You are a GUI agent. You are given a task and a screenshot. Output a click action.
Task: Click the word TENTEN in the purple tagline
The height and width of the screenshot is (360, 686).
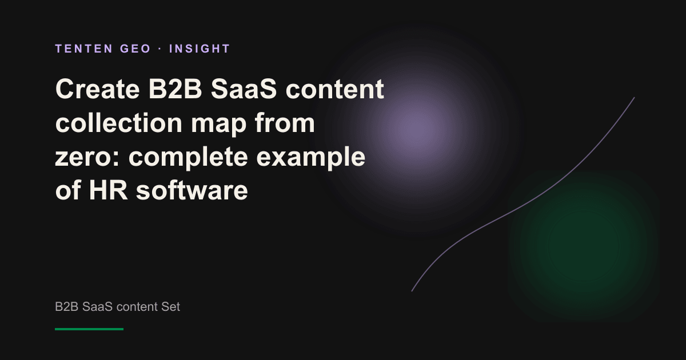(x=84, y=49)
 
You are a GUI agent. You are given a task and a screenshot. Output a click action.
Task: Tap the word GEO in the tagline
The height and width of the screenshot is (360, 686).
(x=135, y=49)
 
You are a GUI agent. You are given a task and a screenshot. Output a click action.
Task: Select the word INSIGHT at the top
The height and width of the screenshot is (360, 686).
(x=200, y=49)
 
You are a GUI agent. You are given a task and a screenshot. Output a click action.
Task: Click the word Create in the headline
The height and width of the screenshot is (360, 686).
(x=97, y=89)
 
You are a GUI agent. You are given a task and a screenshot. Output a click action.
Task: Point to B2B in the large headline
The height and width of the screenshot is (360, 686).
(x=175, y=89)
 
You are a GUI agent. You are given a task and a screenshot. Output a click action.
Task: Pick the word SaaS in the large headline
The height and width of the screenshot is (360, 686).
(x=244, y=89)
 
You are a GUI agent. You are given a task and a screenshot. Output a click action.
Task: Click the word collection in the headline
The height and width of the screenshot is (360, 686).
(x=119, y=123)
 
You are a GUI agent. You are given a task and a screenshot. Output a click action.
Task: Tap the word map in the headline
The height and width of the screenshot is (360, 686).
(x=218, y=125)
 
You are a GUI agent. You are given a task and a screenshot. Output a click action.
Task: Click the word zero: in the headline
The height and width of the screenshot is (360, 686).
(x=87, y=157)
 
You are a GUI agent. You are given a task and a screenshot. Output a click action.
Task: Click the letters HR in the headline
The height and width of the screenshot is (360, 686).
(x=108, y=190)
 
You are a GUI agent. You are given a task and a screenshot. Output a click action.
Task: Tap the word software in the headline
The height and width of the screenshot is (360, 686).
(x=192, y=190)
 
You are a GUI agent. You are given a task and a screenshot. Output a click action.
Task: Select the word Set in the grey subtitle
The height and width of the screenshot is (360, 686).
(x=170, y=306)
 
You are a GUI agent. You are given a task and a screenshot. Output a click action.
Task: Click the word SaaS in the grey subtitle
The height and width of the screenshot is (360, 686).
(x=97, y=306)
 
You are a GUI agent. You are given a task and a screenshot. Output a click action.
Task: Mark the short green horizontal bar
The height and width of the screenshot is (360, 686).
(x=89, y=329)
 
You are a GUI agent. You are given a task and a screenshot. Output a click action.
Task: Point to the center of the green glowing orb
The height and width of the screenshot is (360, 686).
(x=584, y=246)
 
